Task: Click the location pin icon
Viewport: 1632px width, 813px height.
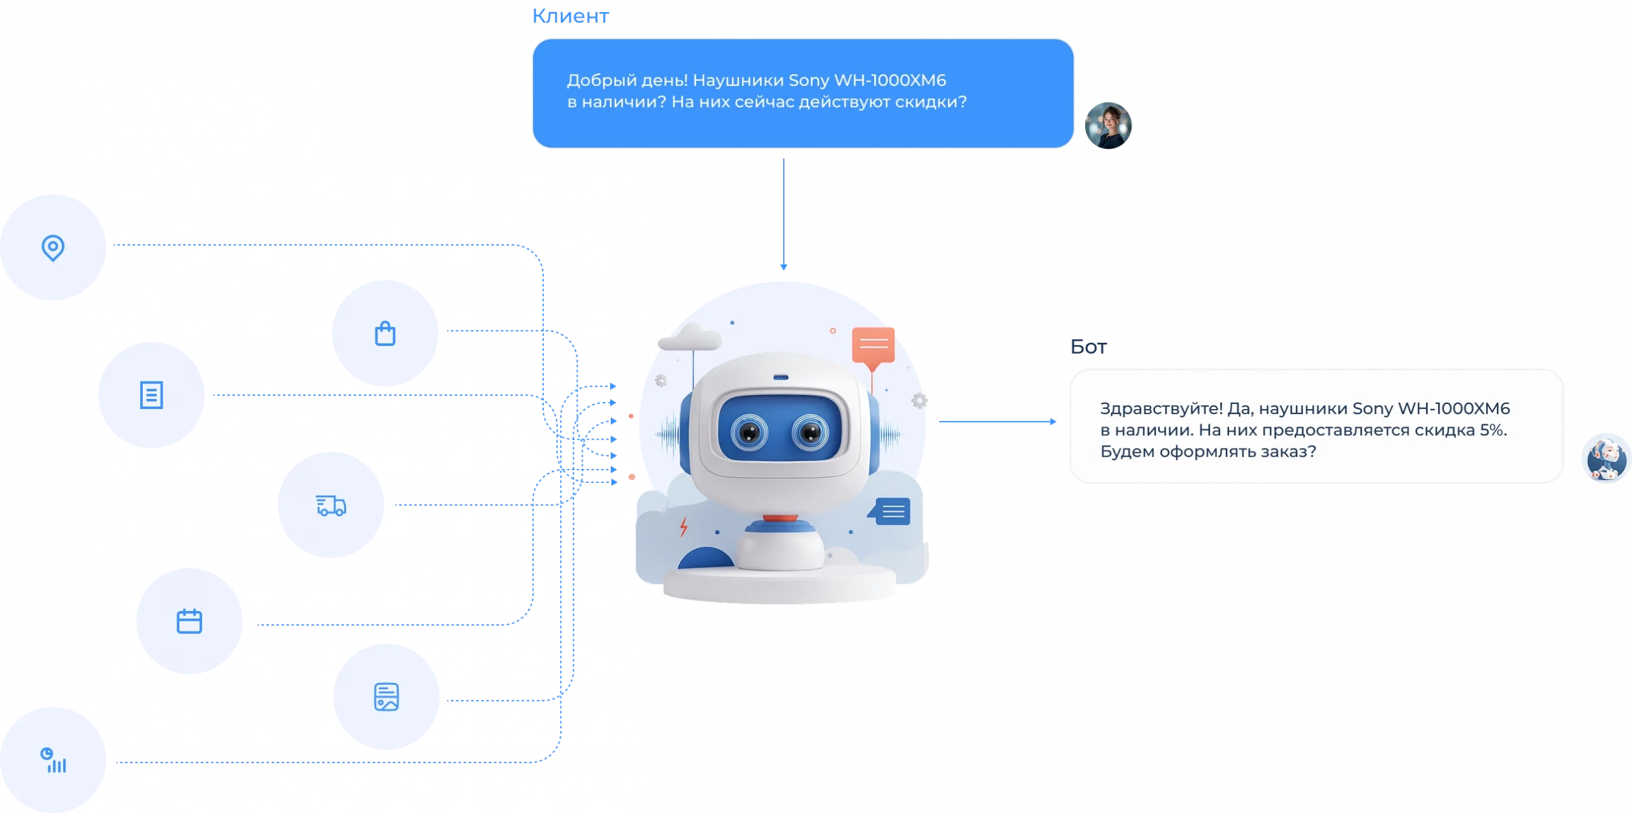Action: pyautogui.click(x=53, y=247)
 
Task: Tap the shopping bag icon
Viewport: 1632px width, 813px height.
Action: pyautogui.click(x=385, y=333)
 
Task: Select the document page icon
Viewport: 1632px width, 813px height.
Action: pyautogui.click(x=151, y=395)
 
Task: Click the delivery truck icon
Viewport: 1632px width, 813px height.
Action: pyautogui.click(x=331, y=505)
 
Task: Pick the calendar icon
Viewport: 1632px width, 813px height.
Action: pyautogui.click(x=189, y=621)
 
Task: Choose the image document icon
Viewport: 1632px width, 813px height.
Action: pyautogui.click(x=386, y=697)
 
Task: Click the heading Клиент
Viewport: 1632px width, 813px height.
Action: pyautogui.click(x=571, y=16)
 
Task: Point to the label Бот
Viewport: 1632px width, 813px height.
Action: pyautogui.click(x=1089, y=347)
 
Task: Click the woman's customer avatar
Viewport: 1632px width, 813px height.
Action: pyautogui.click(x=1108, y=126)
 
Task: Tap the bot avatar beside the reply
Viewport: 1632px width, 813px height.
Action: pyautogui.click(x=1606, y=458)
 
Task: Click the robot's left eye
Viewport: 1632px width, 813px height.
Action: pyautogui.click(x=749, y=433)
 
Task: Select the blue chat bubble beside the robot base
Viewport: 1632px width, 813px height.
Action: pyautogui.click(x=892, y=511)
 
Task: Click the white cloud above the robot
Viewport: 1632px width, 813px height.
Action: pyautogui.click(x=690, y=337)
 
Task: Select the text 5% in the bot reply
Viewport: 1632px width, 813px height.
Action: pyautogui.click(x=1492, y=430)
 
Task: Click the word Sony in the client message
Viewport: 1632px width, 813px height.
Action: pyautogui.click(x=808, y=81)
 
